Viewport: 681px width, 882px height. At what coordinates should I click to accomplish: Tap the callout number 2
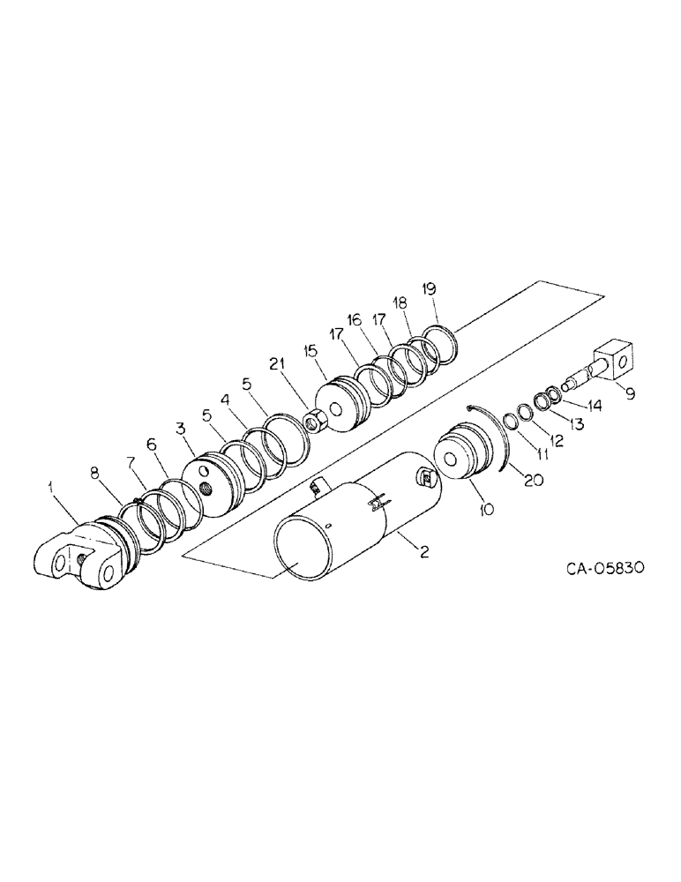[x=423, y=553]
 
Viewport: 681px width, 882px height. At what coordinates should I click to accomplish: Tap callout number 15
[x=310, y=350]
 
